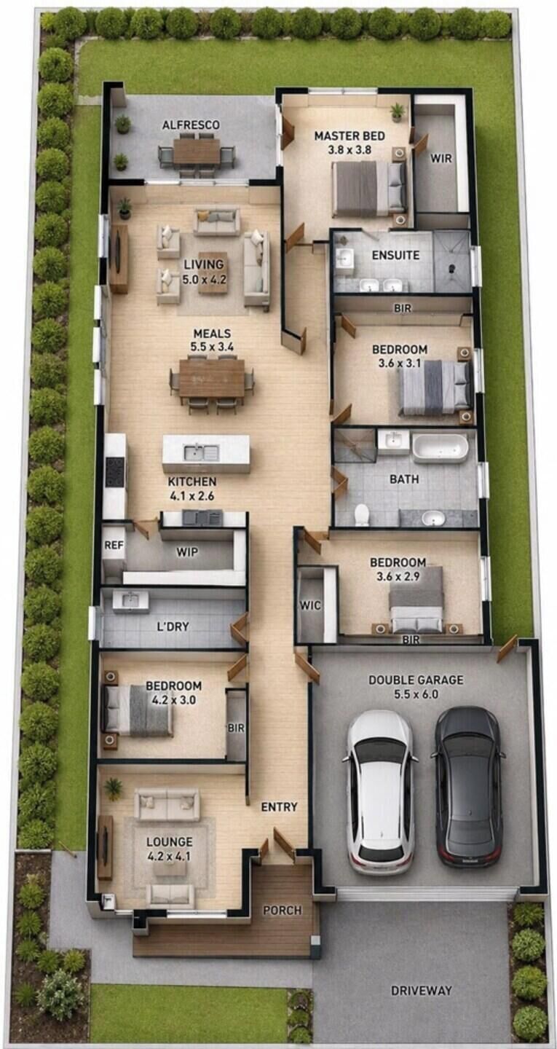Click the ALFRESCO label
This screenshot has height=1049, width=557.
(x=191, y=125)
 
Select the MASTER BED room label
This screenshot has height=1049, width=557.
(x=349, y=136)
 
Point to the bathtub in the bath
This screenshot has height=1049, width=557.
(x=440, y=447)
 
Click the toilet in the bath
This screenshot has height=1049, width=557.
(x=361, y=514)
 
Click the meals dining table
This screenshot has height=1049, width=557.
(x=212, y=377)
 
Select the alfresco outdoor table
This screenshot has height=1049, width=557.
(x=197, y=152)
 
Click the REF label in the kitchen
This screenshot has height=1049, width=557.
(x=114, y=545)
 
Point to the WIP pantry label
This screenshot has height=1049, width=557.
(x=186, y=551)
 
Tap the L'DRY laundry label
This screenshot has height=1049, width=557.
(x=173, y=626)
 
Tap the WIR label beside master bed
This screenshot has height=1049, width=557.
(x=441, y=158)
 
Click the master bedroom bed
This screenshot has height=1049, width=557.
(x=369, y=189)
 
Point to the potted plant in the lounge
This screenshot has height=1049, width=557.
(x=114, y=789)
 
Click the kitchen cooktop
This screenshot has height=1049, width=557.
(x=115, y=471)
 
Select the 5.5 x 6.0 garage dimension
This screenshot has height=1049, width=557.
(x=416, y=694)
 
